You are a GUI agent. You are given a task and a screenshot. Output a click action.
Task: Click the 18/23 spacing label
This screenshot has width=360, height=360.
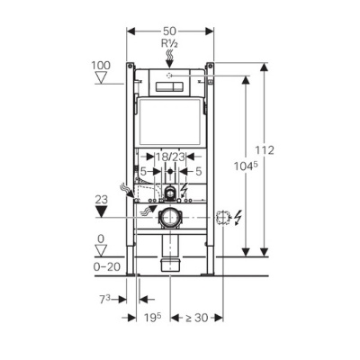pos(170,157)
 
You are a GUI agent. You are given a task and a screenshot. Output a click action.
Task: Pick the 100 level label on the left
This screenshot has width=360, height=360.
pos(102,66)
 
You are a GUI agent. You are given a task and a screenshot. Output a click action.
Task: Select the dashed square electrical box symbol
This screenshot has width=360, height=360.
pos(223,217)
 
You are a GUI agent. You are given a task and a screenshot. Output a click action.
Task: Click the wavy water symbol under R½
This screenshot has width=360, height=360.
pos(170,54)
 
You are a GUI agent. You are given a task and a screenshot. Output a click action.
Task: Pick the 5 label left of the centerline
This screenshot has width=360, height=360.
pos(143,170)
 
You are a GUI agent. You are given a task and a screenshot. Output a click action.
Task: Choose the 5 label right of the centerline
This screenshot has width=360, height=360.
pos(198,170)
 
